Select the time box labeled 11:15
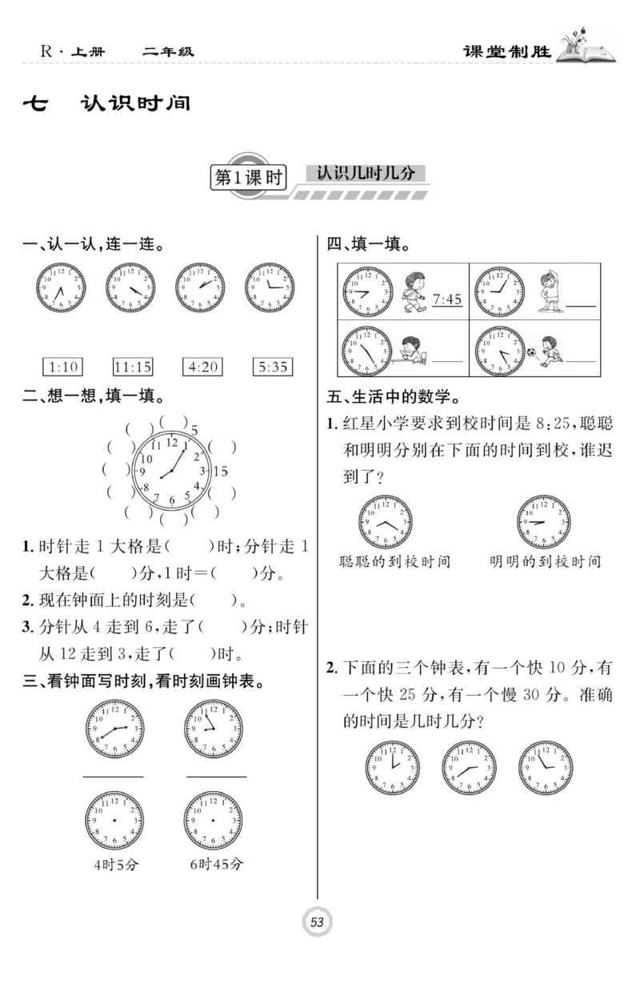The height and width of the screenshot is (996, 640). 133,367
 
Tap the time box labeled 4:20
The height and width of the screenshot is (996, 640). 202,367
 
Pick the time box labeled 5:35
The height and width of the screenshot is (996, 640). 272,367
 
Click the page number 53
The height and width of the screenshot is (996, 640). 317,922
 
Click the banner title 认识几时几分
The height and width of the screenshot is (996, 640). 366,173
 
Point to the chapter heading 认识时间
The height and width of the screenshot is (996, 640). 136,103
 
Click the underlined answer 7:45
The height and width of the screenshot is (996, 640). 446,300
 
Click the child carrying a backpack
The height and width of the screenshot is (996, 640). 413,290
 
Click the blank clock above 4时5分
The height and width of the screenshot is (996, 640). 114,821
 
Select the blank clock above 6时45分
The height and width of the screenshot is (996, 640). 214,821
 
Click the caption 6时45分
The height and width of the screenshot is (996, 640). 217,864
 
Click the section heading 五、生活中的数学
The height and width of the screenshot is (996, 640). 393,396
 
